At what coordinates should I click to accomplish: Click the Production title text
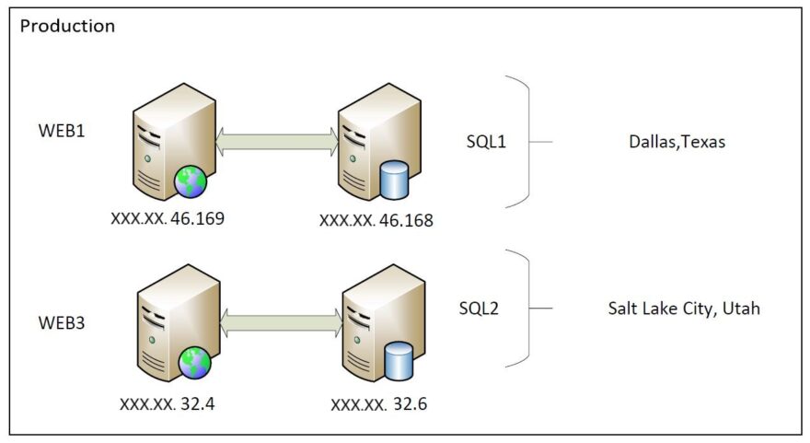(67, 26)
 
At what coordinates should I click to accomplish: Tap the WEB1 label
(62, 131)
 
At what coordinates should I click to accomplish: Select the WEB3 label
(62, 323)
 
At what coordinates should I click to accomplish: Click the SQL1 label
(487, 143)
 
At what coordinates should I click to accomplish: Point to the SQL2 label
(479, 308)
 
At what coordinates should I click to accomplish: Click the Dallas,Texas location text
(677, 143)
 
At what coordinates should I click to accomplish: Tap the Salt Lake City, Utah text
(684, 309)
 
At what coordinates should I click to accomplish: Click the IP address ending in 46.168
(376, 221)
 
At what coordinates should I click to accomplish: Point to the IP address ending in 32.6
(379, 404)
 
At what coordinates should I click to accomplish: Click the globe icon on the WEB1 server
(190, 181)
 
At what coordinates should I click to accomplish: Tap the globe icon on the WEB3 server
(194, 361)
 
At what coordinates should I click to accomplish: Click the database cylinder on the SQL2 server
(398, 360)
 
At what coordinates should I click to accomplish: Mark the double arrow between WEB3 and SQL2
(281, 322)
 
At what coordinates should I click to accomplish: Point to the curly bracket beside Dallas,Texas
(526, 142)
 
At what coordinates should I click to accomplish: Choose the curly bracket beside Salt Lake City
(526, 309)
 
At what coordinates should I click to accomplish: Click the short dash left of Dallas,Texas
(543, 143)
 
